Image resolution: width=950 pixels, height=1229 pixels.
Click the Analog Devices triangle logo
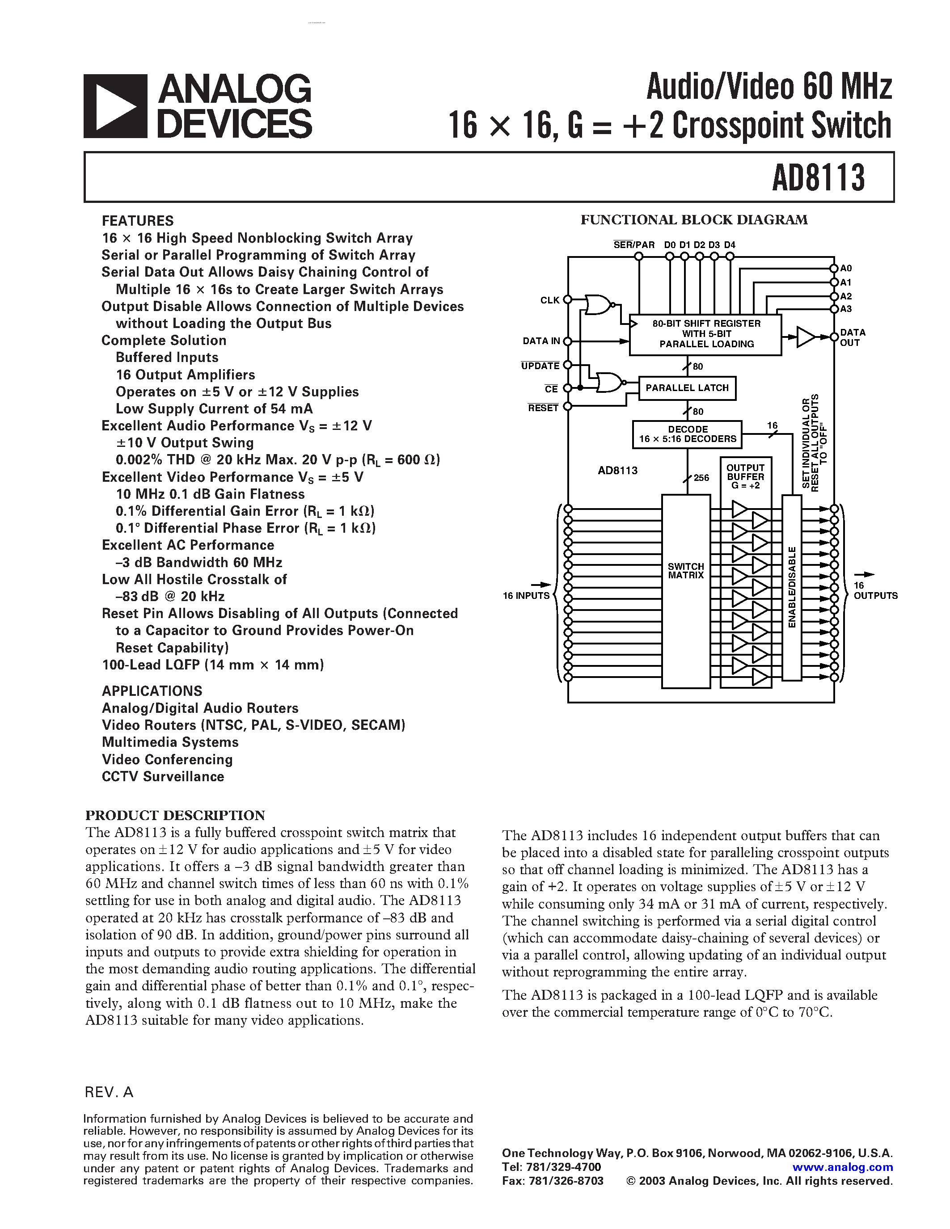tap(115, 106)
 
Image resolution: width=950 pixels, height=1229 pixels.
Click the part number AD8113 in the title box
tap(818, 178)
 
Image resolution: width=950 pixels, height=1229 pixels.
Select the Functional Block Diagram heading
tap(693, 220)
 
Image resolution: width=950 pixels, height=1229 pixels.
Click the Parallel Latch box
tap(687, 388)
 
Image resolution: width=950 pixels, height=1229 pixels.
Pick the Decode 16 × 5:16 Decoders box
tap(687, 434)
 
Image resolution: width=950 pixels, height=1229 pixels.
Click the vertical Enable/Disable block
tap(792, 588)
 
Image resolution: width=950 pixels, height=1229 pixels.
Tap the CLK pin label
tap(549, 300)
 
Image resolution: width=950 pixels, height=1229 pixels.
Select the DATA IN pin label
tap(541, 341)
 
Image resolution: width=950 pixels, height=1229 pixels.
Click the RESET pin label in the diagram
tap(543, 408)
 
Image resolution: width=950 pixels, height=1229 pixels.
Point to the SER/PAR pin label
tap(634, 245)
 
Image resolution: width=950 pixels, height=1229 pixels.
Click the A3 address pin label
tap(846, 309)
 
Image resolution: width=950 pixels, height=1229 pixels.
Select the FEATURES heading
tap(137, 221)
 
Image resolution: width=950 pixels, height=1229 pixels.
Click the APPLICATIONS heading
tap(152, 690)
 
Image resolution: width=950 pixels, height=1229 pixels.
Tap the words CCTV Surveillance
tap(163, 777)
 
